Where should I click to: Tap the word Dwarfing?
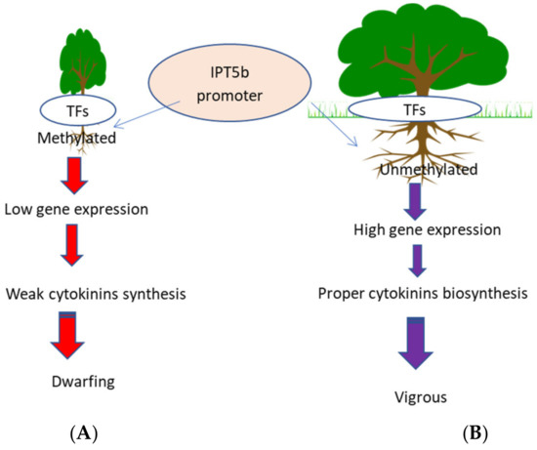pos(85,381)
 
